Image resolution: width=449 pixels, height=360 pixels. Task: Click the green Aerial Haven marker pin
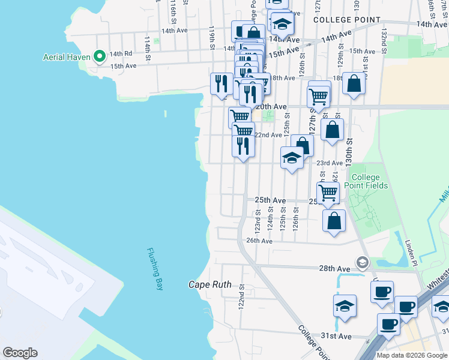click(x=100, y=57)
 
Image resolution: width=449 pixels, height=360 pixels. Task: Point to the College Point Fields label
click(x=369, y=181)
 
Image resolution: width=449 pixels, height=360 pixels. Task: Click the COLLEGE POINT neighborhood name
click(x=347, y=20)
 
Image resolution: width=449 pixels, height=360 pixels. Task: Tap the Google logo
click(x=20, y=352)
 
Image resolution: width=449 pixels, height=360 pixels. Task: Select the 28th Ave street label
click(x=334, y=268)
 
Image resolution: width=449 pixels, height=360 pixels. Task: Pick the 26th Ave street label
click(x=260, y=241)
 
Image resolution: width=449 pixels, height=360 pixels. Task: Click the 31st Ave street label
click(x=337, y=336)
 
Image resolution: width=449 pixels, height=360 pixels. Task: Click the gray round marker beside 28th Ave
click(x=362, y=262)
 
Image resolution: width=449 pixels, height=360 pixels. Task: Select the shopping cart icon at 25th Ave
click(x=328, y=193)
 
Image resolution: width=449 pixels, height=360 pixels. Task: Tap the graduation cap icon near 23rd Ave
click(x=292, y=158)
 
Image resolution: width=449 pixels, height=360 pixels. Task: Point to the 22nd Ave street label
click(x=268, y=135)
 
